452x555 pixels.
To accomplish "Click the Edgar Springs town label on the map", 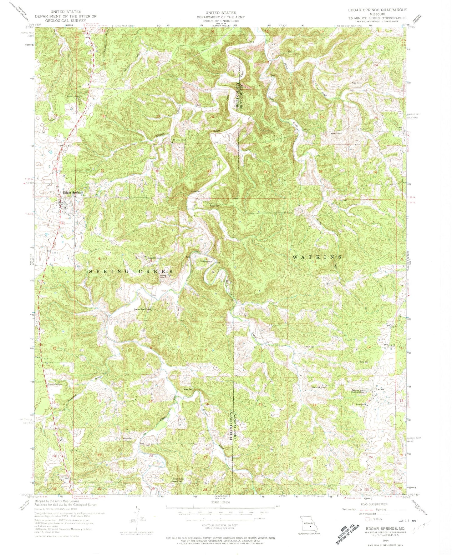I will click(x=73, y=193).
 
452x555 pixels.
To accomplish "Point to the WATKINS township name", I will click(x=317, y=257).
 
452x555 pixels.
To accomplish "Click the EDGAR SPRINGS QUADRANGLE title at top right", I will click(x=373, y=10).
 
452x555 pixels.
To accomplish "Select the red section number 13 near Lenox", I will click(x=368, y=401).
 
